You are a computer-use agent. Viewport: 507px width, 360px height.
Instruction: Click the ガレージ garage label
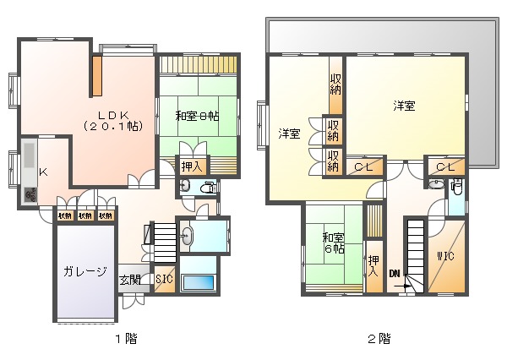click(x=84, y=271)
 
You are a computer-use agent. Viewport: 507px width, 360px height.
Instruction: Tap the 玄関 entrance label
click(x=129, y=280)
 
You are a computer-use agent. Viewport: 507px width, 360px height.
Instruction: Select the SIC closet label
click(x=165, y=280)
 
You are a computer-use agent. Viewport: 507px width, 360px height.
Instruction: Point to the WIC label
click(x=446, y=256)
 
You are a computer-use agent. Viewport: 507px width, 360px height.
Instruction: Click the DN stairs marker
click(x=395, y=273)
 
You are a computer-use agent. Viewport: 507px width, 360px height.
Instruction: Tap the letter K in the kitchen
click(x=43, y=172)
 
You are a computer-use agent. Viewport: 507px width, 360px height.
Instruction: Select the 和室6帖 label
click(x=332, y=243)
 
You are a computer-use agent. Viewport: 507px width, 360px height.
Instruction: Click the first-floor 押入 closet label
click(x=192, y=166)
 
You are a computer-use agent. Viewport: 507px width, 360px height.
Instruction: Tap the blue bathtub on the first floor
click(x=199, y=283)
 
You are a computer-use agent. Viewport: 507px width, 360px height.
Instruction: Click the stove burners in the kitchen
click(x=30, y=195)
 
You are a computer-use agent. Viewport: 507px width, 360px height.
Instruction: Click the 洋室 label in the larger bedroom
click(x=403, y=106)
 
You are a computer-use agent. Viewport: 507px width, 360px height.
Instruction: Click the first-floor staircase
click(x=162, y=239)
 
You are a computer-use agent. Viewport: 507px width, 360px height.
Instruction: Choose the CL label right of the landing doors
click(x=445, y=167)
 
